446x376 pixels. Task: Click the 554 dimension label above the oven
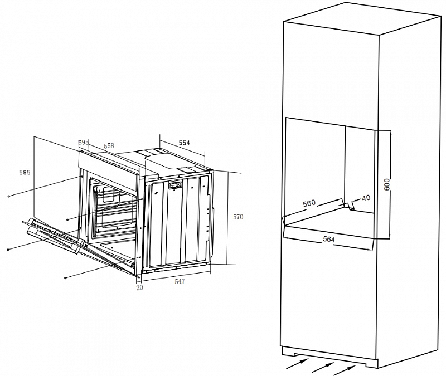coord(184,143)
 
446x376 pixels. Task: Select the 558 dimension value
coord(109,146)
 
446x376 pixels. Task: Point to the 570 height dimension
coord(238,217)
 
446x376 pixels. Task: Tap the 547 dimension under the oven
coord(180,282)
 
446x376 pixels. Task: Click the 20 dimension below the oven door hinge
coord(139,288)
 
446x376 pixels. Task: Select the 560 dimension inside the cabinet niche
coord(309,203)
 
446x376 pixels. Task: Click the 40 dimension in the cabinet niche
coord(366,198)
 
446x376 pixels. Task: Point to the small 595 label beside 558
coord(84,143)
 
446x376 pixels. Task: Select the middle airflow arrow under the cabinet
coord(322,367)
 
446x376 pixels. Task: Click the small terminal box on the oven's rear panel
coord(176,185)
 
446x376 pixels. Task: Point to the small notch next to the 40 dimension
coord(349,207)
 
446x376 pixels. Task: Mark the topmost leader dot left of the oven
coord(9,197)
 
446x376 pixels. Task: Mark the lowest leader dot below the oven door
coord(66,277)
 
